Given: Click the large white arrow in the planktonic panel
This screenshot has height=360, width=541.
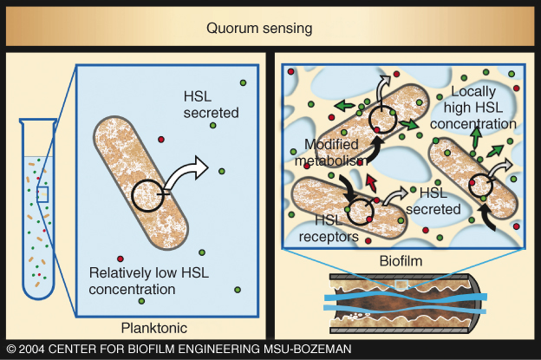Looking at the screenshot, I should click(186, 170).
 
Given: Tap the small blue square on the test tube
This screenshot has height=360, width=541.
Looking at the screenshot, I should click(42, 193).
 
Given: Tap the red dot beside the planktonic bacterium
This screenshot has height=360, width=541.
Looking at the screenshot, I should click(160, 139).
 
